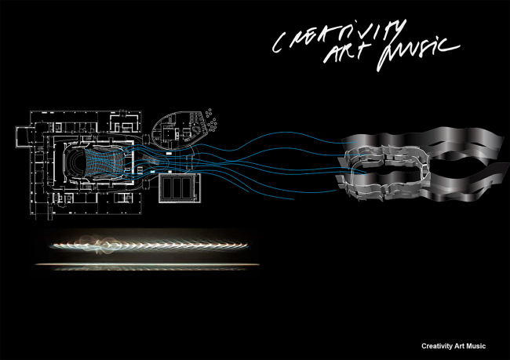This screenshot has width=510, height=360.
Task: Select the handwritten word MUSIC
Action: (x=418, y=52)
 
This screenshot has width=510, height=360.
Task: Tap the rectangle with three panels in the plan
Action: (x=177, y=188)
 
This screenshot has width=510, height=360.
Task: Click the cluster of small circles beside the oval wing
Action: (x=211, y=120)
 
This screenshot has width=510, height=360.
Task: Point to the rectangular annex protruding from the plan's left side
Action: (x=24, y=136)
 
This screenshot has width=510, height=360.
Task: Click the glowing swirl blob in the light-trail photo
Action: (x=96, y=244)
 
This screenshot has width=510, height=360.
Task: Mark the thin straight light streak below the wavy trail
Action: (x=147, y=264)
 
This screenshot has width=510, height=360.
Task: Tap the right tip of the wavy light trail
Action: (x=247, y=244)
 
